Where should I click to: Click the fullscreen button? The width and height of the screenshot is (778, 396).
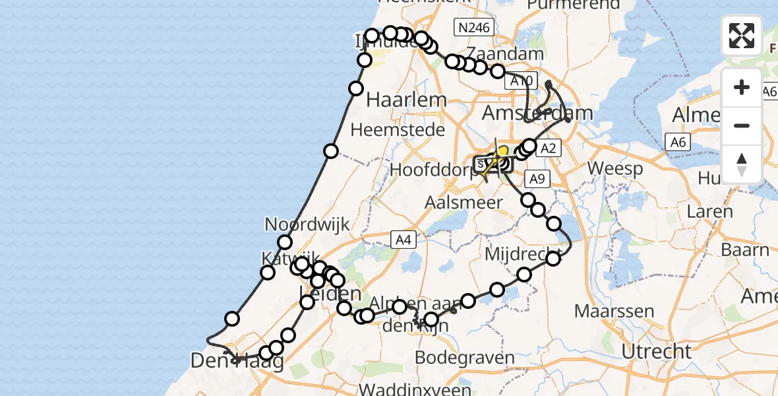tap(742, 36)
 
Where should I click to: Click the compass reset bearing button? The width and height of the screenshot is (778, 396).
tap(742, 164)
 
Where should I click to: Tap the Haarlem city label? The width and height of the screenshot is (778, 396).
tap(406, 100)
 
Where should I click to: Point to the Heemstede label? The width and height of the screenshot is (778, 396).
tap(398, 130)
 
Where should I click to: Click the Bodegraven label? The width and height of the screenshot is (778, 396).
tap(466, 358)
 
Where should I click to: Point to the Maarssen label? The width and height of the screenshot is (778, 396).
tap(614, 310)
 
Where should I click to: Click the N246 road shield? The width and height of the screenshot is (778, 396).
tap(474, 27)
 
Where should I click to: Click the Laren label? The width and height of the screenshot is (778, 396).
tap(709, 212)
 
